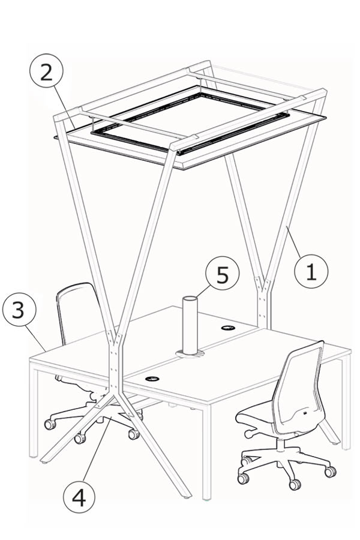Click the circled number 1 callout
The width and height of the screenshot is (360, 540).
click(311, 272)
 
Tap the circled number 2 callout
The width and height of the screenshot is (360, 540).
click(47, 71)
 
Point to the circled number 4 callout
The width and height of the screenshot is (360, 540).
click(79, 497)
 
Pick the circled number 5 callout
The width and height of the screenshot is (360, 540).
click(222, 274)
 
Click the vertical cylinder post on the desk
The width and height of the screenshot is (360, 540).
click(190, 325)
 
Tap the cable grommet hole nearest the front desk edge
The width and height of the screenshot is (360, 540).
click(152, 379)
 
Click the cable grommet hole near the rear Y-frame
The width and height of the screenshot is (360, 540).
click(228, 328)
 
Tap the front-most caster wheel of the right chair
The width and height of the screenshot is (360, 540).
click(295, 485)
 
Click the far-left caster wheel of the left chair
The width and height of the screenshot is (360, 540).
click(50, 424)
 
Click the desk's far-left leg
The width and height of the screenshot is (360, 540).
click(34, 413)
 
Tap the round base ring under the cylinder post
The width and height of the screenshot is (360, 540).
click(190, 354)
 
